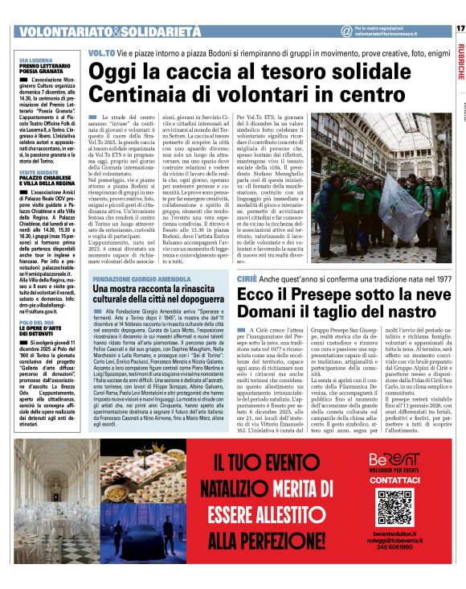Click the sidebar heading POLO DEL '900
tap(35, 321)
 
